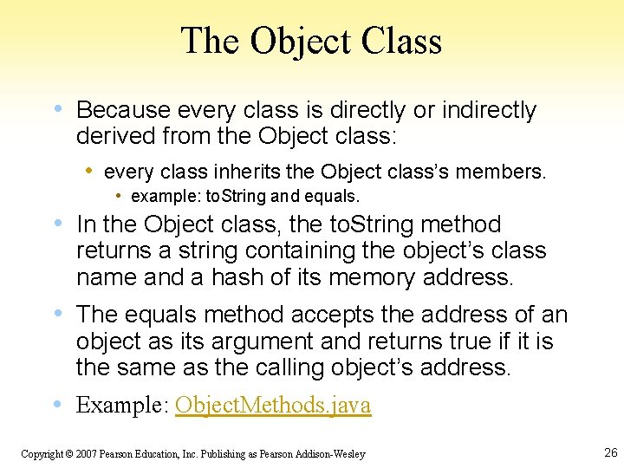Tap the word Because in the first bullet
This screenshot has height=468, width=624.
point(122,110)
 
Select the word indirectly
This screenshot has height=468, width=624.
point(489,110)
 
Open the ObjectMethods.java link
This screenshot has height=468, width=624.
point(273,405)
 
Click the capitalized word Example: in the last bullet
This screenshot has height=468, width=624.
point(122,405)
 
